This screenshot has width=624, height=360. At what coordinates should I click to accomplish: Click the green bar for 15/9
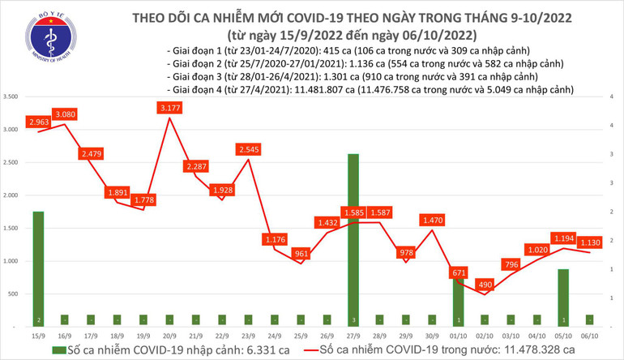coord(38,268)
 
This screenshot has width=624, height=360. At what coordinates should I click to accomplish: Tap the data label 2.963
coord(39,122)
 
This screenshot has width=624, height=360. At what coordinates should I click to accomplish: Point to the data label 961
coord(301,253)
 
